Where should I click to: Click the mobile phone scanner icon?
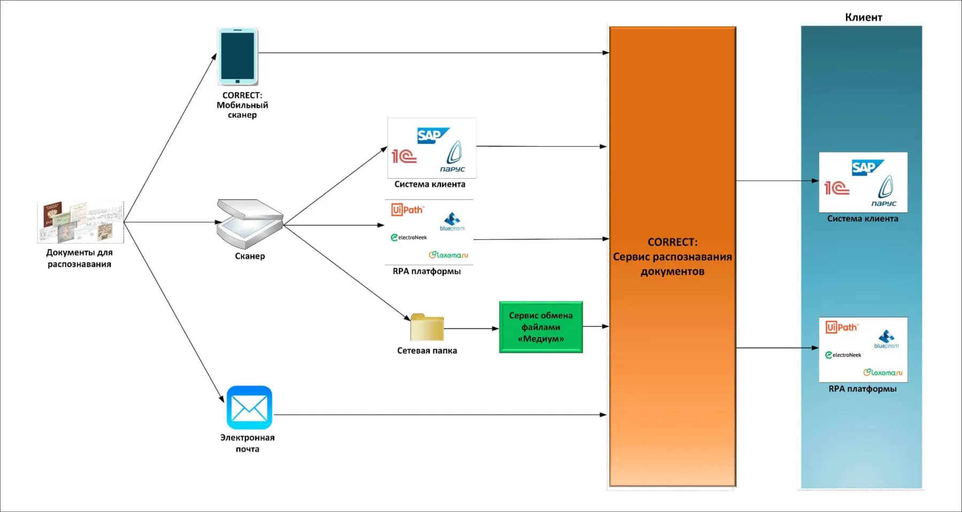click(x=237, y=57)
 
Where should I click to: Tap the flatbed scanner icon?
click(x=249, y=223)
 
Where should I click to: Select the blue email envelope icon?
click(x=249, y=408)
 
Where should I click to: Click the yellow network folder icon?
click(x=427, y=327)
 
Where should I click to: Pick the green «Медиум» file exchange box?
click(x=541, y=327)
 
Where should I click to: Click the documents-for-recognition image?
click(x=80, y=222)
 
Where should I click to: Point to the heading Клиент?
click(x=863, y=17)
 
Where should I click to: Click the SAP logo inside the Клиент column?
click(x=867, y=168)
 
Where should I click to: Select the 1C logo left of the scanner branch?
click(x=404, y=156)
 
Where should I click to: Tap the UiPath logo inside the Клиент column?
click(x=842, y=327)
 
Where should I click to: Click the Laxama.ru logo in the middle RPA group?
click(x=448, y=255)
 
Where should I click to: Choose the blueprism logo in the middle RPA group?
click(x=452, y=221)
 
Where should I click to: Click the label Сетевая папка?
click(x=427, y=351)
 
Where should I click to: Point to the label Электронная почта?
click(x=247, y=443)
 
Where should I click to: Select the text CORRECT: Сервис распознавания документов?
click(x=672, y=257)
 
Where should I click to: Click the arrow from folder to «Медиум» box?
click(x=470, y=328)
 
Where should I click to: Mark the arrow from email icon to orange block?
click(x=438, y=415)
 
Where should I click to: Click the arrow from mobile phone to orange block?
click(x=433, y=53)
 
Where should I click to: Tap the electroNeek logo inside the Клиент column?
click(x=843, y=355)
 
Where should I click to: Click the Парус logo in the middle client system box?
click(x=453, y=157)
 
